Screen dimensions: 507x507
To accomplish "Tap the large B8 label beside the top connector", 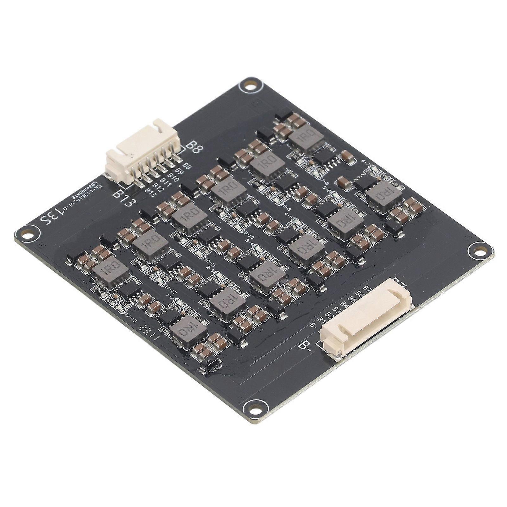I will coord(194,147).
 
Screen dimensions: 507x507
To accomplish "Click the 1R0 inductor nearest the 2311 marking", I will coord(189,330).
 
